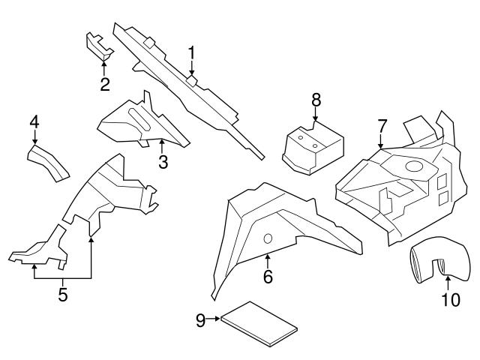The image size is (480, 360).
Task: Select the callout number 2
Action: click(105, 84)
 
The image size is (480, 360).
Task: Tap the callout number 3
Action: click(162, 160)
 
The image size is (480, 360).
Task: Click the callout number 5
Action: click(63, 295)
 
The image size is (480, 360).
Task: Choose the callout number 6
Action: click(268, 277)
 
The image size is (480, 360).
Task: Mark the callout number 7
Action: click(382, 124)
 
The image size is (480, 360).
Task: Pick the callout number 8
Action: click(316, 99)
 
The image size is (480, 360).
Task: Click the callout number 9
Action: click(200, 320)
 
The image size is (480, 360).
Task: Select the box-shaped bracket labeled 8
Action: click(311, 147)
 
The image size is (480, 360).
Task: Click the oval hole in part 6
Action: click(266, 239)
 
